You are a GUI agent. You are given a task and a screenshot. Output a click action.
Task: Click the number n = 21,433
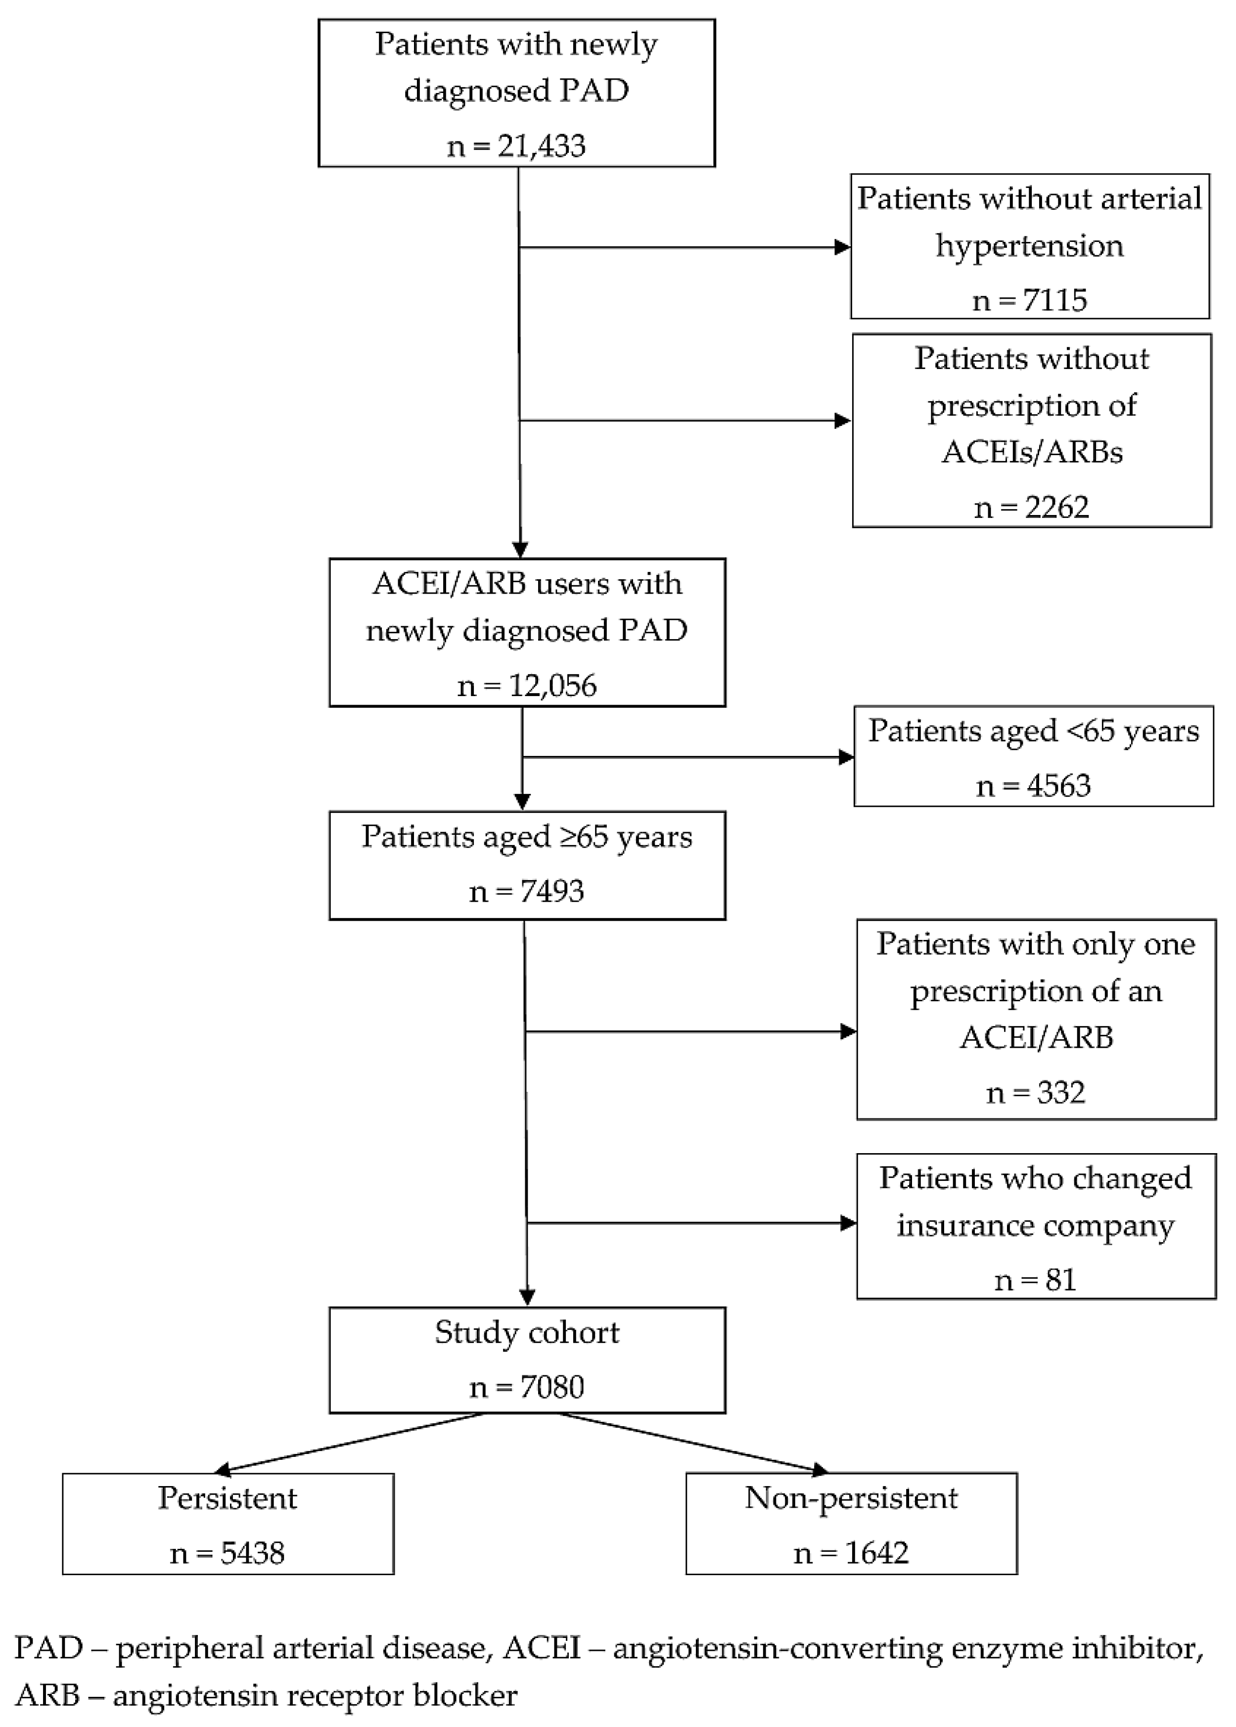[516, 145]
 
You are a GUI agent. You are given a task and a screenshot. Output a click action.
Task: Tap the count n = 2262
[1031, 507]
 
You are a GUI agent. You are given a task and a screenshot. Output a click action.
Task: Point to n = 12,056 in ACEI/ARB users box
[527, 686]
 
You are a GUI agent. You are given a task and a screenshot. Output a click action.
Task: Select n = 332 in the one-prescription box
[1035, 1093]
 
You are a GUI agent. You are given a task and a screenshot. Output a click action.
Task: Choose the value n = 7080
[527, 1387]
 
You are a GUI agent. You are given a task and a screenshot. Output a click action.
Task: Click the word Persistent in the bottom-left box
[228, 1498]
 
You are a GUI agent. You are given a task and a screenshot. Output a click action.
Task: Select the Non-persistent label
[851, 1498]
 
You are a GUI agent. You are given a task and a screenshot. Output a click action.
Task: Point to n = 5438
[228, 1553]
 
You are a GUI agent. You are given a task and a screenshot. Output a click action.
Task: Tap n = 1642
[851, 1553]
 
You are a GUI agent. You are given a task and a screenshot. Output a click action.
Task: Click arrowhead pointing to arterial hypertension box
[842, 247]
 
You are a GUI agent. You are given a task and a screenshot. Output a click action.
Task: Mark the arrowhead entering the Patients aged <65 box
[846, 757]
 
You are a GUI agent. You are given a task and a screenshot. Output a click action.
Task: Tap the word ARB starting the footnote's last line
[47, 1695]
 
